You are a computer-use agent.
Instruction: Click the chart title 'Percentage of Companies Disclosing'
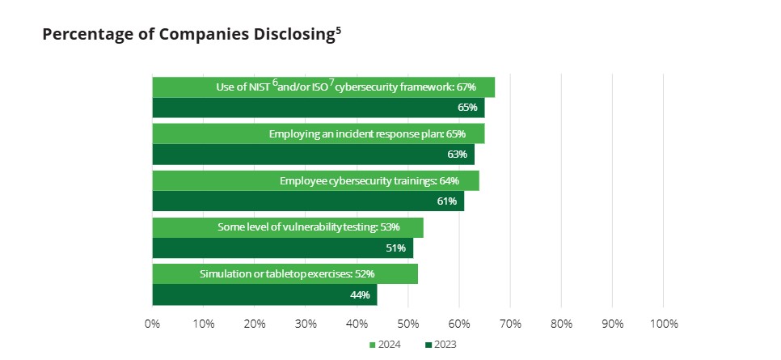[x=188, y=35]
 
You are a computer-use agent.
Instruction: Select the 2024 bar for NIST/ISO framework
[x=323, y=87]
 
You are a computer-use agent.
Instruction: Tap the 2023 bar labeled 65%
[x=318, y=108]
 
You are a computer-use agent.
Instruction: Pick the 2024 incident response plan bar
[x=318, y=133]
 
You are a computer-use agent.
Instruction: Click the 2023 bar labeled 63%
[x=313, y=155]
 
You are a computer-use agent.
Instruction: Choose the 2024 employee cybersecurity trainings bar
[x=315, y=180]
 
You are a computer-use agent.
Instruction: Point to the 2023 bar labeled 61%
[x=308, y=201]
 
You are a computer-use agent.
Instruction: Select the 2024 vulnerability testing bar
[x=287, y=227]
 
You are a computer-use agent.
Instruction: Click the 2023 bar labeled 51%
[x=282, y=248]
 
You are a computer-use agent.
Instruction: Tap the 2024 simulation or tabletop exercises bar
[x=285, y=274]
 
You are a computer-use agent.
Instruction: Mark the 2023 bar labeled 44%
[x=264, y=295]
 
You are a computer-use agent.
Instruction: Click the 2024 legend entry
[x=386, y=345]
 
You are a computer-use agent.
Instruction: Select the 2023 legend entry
[x=441, y=345]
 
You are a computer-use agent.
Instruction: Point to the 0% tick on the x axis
[x=152, y=324]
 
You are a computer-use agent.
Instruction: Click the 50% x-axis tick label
[x=407, y=324]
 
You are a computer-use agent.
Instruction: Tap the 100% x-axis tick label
[x=663, y=324]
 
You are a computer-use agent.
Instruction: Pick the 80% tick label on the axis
[x=561, y=324]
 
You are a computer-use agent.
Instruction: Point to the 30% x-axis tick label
[x=306, y=324]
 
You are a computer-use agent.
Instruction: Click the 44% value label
[x=360, y=295]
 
